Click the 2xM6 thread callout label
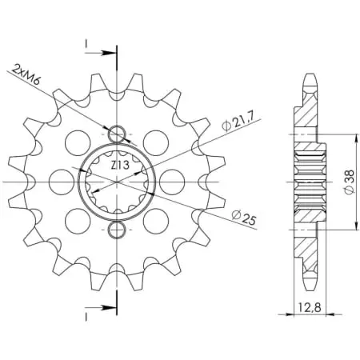(x=26, y=74)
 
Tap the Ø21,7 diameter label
(x=238, y=122)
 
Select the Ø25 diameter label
(x=244, y=218)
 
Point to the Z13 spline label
(x=120, y=166)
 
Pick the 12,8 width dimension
(x=310, y=308)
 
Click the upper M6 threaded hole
(x=117, y=133)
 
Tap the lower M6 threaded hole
(x=117, y=230)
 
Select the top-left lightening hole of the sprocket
(x=78, y=143)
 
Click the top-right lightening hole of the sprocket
(x=156, y=143)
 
